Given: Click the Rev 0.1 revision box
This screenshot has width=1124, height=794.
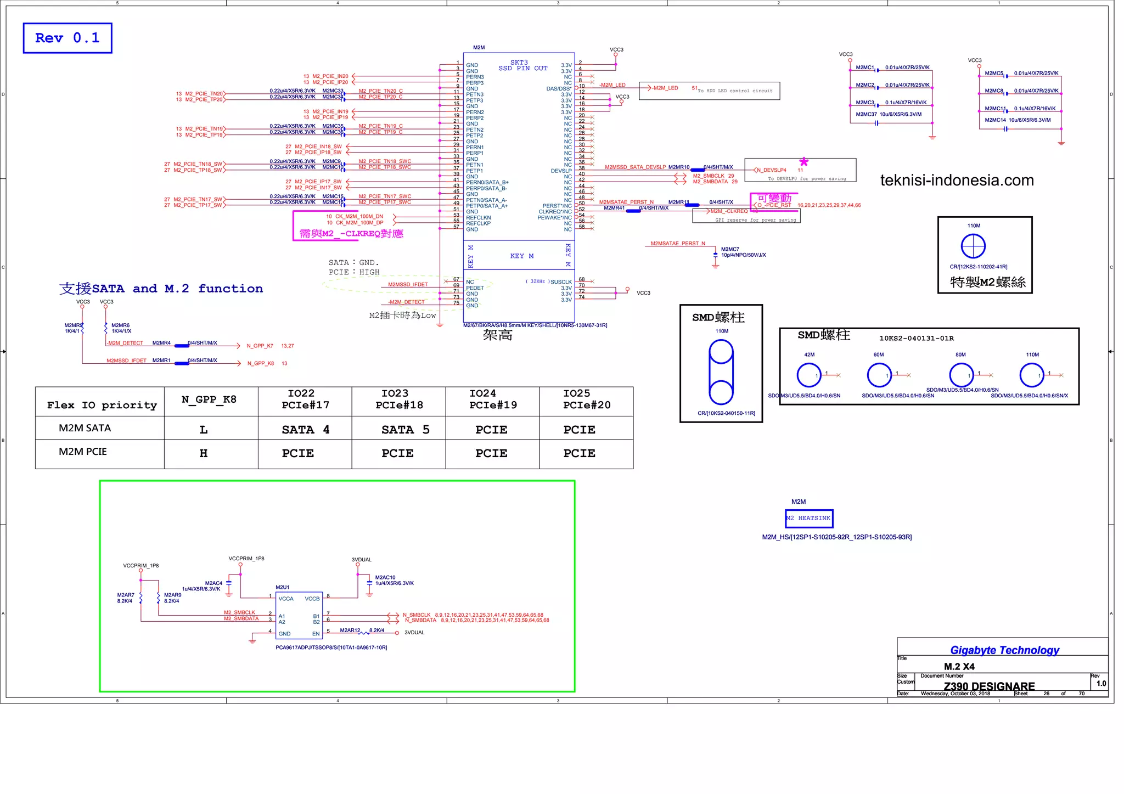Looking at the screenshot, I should tap(67, 38).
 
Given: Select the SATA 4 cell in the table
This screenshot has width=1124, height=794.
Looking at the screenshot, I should tap(305, 430).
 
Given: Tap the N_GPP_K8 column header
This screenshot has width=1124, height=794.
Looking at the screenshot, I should tap(209, 399).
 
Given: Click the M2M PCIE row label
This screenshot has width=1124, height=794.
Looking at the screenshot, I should tap(83, 452).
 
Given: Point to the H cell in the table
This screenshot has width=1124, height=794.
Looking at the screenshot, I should tap(204, 453).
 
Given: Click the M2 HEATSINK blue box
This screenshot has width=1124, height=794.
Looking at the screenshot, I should tap(809, 518).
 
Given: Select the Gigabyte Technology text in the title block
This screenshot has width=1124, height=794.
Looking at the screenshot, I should tap(1004, 650).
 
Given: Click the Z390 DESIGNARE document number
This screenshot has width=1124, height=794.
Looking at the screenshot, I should tap(989, 686).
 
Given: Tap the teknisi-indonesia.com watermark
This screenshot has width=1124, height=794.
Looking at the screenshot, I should tap(957, 181).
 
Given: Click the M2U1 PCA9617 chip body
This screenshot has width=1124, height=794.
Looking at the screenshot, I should tap(299, 616).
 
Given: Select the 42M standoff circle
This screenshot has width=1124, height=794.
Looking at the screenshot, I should tap(809, 375).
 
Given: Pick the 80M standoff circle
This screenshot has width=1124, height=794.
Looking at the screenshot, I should tap(961, 375).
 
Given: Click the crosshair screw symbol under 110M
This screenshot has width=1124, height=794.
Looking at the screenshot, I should tap(973, 246).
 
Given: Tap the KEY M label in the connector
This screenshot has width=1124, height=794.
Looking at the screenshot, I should tap(521, 256).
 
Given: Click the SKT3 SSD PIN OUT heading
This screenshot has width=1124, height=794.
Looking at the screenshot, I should tap(522, 65).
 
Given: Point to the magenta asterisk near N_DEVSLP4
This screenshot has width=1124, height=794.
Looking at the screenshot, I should tap(803, 162).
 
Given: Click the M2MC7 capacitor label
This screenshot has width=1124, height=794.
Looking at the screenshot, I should tap(730, 249).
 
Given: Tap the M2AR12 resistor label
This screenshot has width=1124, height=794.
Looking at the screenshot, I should tap(350, 630).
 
